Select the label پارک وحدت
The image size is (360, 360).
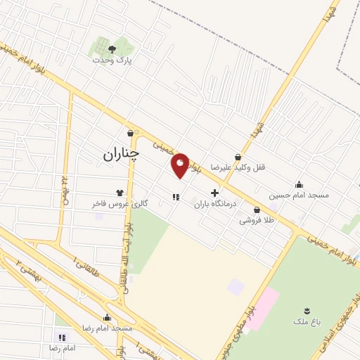click(x=112, y=60)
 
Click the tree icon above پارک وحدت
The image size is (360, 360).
click(x=112, y=49)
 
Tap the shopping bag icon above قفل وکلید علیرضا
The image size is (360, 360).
click(x=238, y=157)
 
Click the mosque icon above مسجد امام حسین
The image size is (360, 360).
click(x=300, y=184)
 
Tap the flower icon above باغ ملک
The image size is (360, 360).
click(x=307, y=310)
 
